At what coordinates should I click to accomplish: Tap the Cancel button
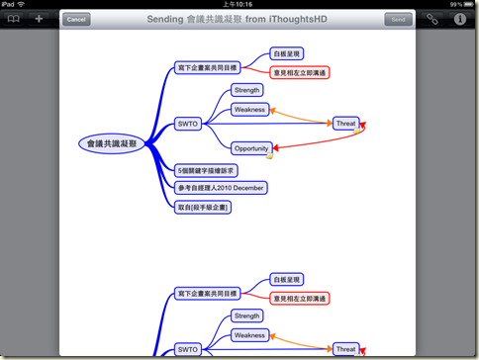point(76,19)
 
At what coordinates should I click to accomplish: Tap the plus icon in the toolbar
point(39,19)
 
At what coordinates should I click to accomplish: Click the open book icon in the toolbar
point(13,19)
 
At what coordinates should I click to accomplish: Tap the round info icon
point(458,19)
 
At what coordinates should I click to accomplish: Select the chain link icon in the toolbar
point(431,19)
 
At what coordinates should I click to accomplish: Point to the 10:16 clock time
point(239,5)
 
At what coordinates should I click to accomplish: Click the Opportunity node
point(251,148)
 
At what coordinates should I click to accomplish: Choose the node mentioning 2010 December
point(221,188)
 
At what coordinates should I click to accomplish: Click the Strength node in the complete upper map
point(245,90)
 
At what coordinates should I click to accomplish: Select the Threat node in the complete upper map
point(345,124)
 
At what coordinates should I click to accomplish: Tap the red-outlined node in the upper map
point(299,72)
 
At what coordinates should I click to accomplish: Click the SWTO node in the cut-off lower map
point(187,349)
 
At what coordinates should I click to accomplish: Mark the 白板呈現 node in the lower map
point(289,280)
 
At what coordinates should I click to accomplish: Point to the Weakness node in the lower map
point(249,335)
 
